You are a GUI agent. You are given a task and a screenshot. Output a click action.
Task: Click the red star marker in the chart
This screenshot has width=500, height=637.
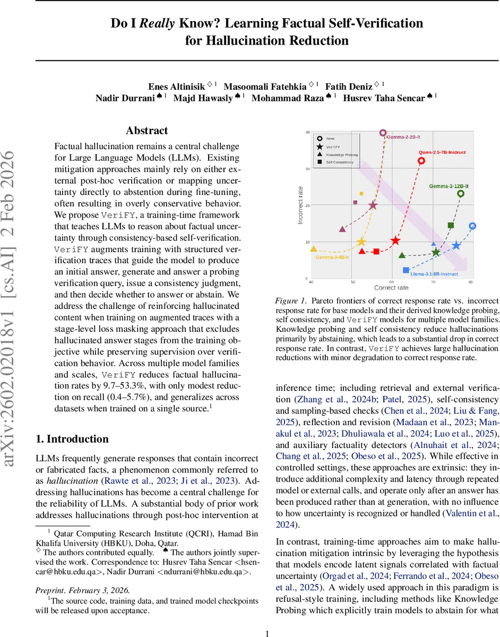click(395, 240)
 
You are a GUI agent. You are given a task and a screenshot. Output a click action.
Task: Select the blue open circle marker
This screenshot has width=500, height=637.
click(472, 226)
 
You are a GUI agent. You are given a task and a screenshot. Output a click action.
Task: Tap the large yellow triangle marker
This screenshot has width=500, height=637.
click(313, 248)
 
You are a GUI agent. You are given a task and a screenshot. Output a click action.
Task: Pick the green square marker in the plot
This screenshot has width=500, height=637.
click(451, 225)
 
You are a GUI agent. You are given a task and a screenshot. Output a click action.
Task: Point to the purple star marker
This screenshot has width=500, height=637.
click(373, 205)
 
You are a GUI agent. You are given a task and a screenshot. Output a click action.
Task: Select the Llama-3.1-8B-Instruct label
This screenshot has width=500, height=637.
click(434, 274)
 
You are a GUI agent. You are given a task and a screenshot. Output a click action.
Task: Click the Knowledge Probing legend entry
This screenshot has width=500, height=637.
click(341, 154)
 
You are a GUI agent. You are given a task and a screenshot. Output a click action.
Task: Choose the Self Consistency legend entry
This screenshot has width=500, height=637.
click(340, 162)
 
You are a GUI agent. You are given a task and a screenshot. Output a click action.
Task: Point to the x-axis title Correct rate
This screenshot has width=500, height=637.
click(391, 288)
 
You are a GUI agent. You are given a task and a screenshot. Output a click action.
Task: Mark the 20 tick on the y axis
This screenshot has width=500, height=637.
click(307, 205)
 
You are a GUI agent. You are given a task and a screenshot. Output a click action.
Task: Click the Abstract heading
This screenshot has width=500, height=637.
click(147, 131)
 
